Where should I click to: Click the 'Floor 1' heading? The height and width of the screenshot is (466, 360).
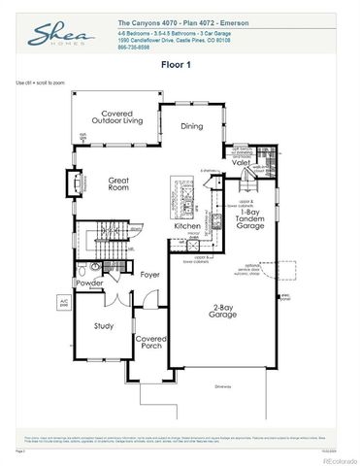click(179, 66)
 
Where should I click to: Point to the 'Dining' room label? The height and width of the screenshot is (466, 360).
click(191, 125)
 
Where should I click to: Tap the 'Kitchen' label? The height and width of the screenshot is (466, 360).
click(187, 226)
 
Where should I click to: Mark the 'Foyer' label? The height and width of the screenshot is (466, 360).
click(149, 275)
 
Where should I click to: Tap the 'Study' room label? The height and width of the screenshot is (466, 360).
click(105, 326)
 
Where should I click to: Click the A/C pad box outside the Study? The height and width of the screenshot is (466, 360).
click(65, 303)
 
